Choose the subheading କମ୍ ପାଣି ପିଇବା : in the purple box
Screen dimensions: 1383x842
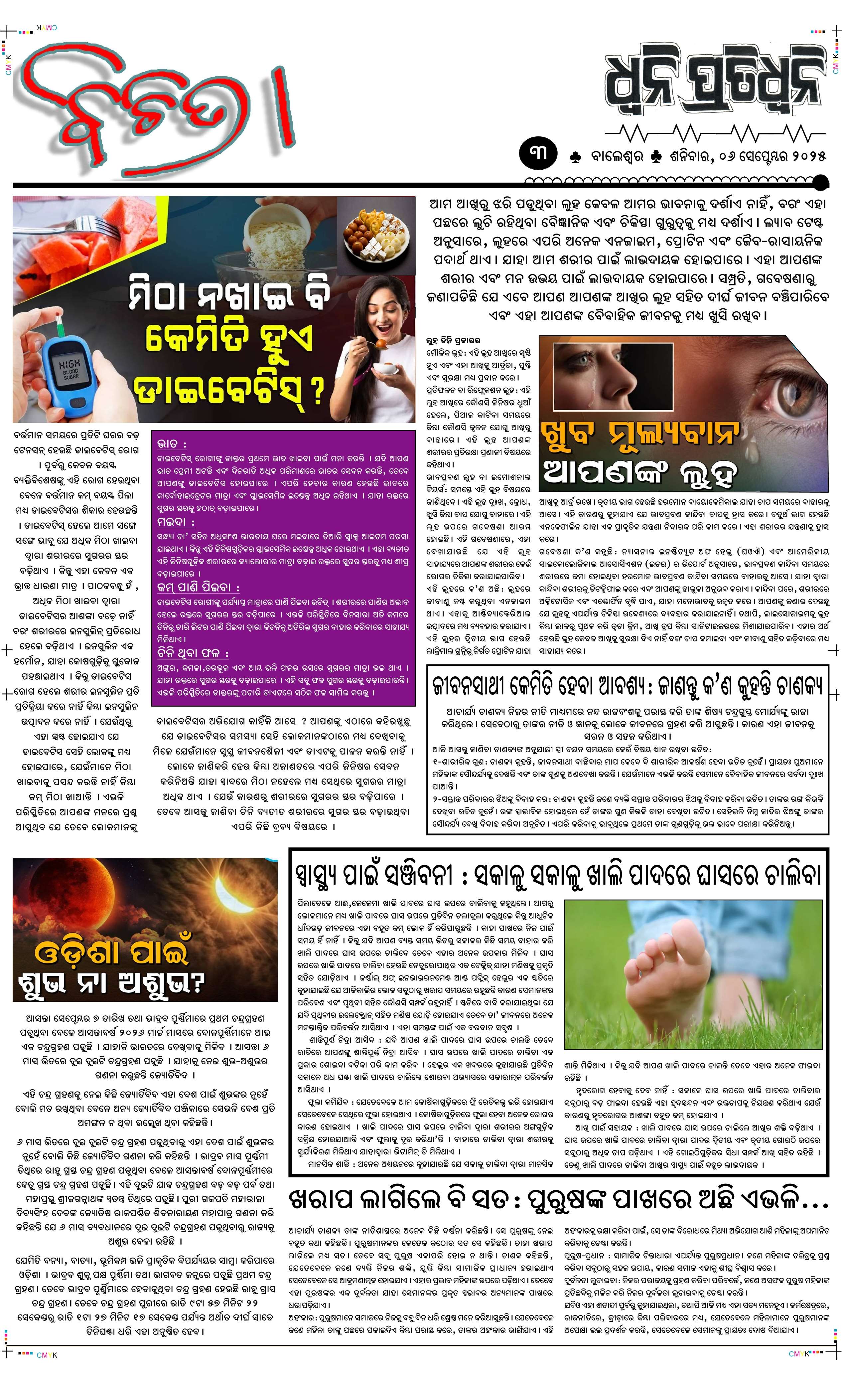(x=199, y=587)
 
